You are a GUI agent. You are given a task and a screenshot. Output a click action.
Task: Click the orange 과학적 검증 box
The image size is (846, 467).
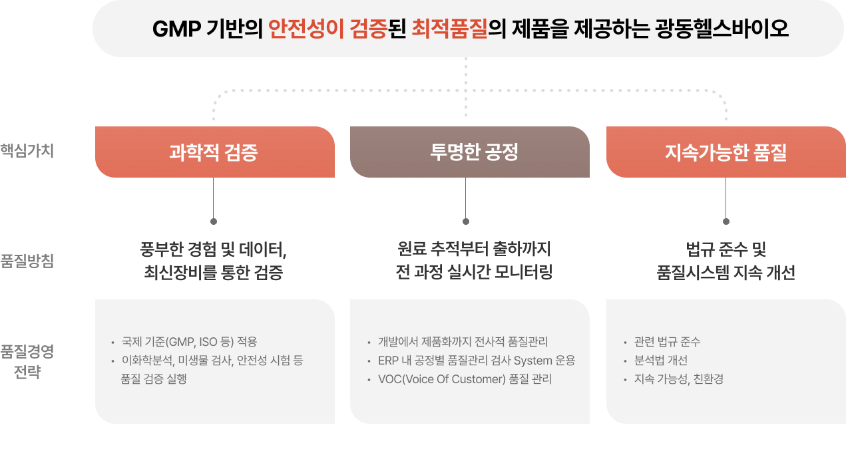click(x=214, y=152)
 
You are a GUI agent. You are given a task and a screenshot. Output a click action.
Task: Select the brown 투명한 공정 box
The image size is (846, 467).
click(x=469, y=152)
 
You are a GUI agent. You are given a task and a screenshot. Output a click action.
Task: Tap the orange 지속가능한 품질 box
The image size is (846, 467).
click(x=726, y=152)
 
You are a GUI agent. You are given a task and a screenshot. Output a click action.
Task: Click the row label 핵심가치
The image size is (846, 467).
click(x=27, y=150)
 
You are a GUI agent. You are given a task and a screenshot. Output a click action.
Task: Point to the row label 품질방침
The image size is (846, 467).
click(x=27, y=260)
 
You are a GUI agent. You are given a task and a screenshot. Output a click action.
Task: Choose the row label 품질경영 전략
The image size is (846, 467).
click(x=27, y=361)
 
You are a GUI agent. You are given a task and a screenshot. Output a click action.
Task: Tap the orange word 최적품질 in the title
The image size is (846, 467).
click(x=449, y=29)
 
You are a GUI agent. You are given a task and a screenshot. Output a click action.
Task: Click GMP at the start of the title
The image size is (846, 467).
click(x=175, y=29)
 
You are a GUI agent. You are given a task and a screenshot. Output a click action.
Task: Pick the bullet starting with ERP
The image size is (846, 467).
click(x=476, y=361)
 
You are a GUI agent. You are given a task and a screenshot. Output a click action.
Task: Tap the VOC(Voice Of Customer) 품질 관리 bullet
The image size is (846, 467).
click(x=465, y=379)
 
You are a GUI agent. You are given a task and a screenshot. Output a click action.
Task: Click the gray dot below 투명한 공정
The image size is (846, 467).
click(x=465, y=222)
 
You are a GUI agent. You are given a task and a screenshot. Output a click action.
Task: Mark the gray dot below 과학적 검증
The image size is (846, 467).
click(x=213, y=222)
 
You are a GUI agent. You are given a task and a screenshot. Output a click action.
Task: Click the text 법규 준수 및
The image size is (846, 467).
click(x=726, y=250)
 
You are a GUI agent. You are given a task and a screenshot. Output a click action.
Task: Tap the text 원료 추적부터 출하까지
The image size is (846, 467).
click(x=474, y=250)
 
